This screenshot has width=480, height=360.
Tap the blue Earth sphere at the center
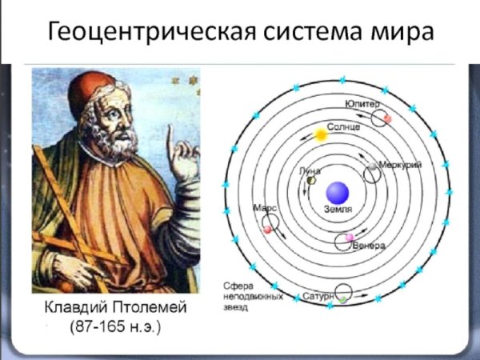[x=336, y=193]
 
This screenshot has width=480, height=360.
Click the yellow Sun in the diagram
[x=321, y=135]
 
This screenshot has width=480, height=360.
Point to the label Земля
[x=337, y=210]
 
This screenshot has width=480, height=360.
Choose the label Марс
[x=264, y=206]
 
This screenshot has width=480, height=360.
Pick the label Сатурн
[x=318, y=296]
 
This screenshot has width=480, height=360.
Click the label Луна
[x=310, y=170]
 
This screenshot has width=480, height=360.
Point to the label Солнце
[x=344, y=127]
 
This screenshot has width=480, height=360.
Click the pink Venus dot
[x=349, y=238]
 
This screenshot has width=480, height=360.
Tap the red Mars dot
[x=267, y=230]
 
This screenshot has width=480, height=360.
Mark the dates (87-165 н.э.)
[x=115, y=328]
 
